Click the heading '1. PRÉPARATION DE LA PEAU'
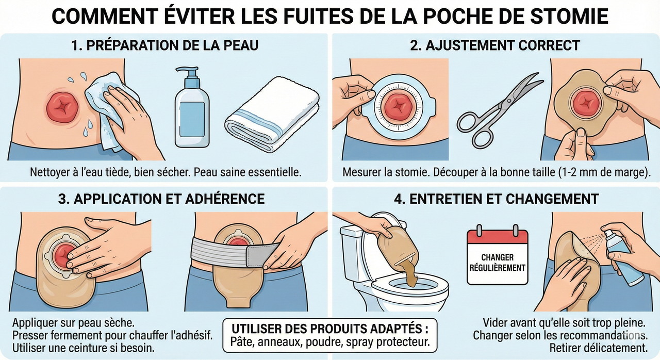164,45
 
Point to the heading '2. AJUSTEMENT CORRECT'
495,45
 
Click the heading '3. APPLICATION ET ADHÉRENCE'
164,199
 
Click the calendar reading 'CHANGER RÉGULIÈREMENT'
497,258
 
